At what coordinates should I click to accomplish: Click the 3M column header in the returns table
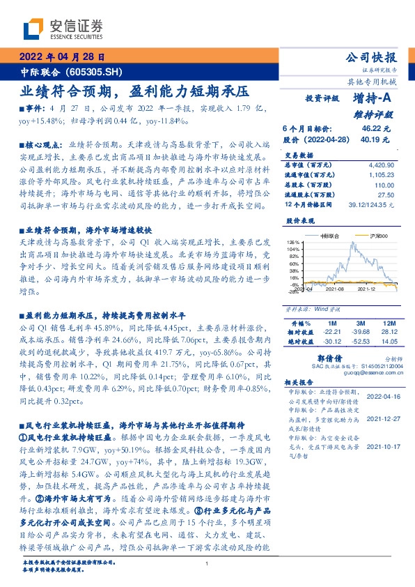tap(360, 324)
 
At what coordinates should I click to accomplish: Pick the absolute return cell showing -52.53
tap(360, 342)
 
